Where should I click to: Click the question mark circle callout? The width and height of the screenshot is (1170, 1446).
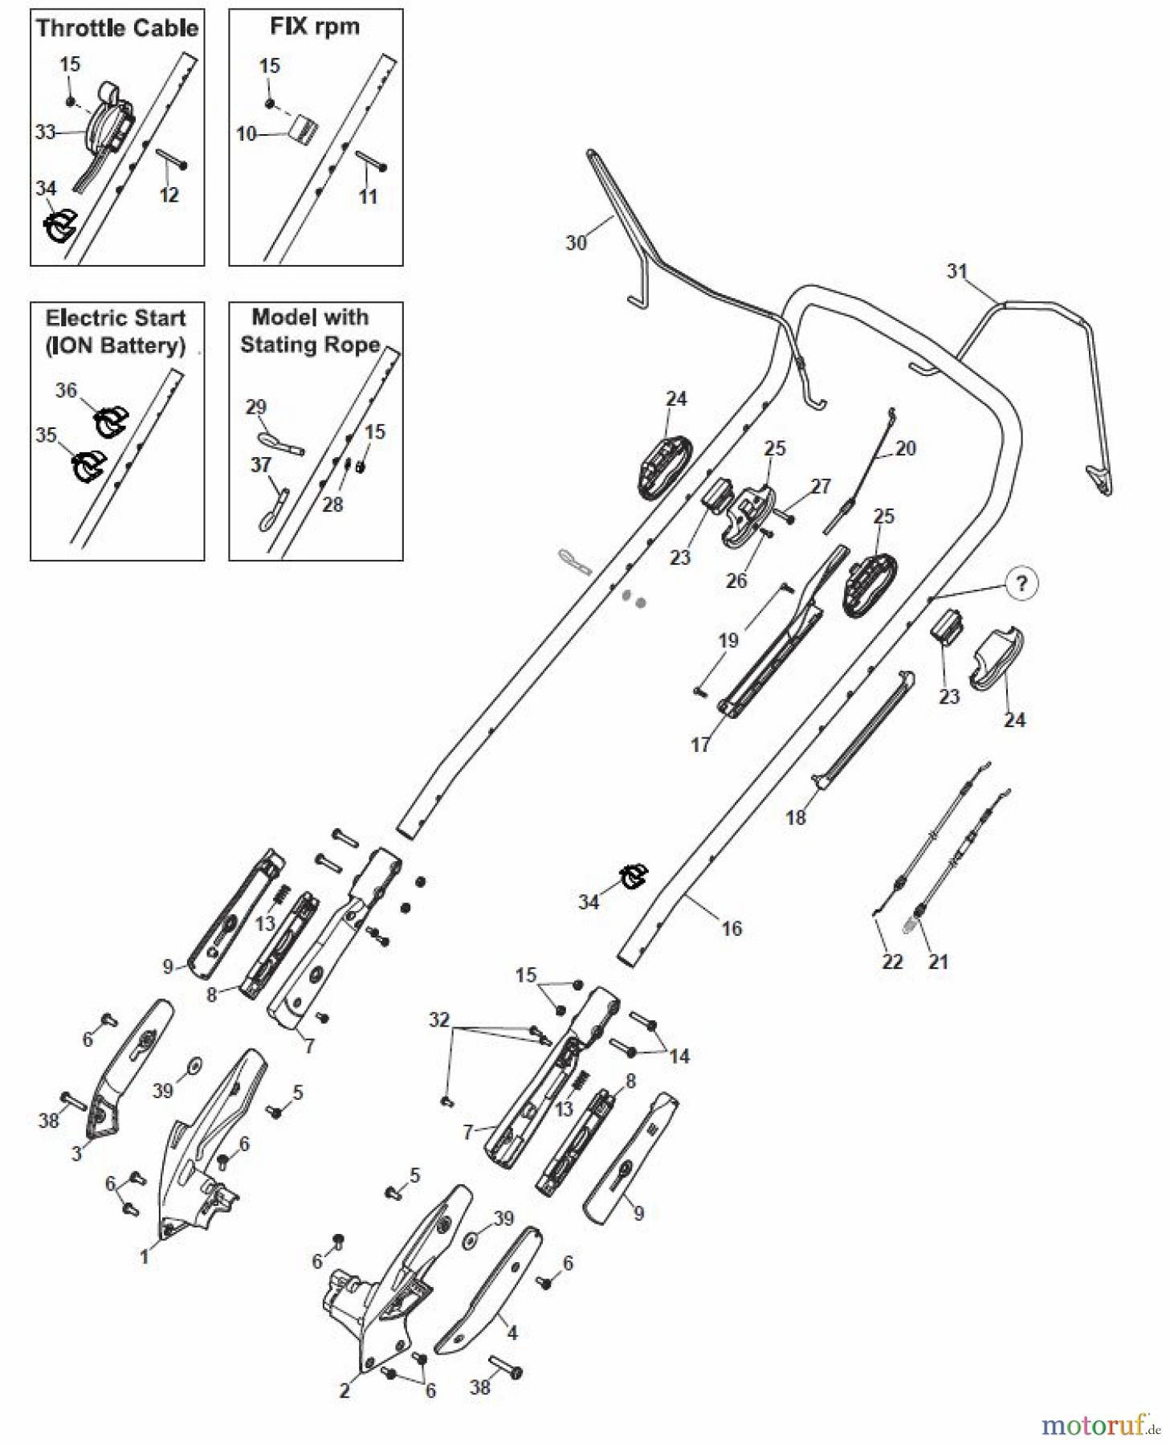pyautogui.click(x=1021, y=583)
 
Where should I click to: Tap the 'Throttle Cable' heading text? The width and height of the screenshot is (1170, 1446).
pyautogui.click(x=117, y=28)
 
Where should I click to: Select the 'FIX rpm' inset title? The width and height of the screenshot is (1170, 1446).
pyautogui.click(x=315, y=27)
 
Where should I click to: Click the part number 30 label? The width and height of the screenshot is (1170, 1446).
pyautogui.click(x=576, y=243)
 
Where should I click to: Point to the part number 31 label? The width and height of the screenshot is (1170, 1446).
pyautogui.click(x=957, y=272)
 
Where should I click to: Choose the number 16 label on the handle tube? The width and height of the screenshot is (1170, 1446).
pyautogui.click(x=732, y=929)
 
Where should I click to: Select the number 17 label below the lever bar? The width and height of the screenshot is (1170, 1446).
pyautogui.click(x=700, y=745)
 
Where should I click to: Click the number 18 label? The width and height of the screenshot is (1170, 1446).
pyautogui.click(x=795, y=818)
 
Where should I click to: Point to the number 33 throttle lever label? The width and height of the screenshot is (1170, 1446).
pyautogui.click(x=45, y=132)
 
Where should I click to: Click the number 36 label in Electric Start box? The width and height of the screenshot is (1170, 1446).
pyautogui.click(x=66, y=390)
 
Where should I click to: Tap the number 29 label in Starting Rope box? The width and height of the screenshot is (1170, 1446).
pyautogui.click(x=256, y=406)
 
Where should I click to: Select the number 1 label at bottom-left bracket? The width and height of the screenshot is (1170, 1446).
pyautogui.click(x=145, y=1256)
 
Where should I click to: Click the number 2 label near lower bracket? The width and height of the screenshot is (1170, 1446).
pyautogui.click(x=344, y=1391)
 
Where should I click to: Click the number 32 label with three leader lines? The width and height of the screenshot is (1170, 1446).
pyautogui.click(x=439, y=1019)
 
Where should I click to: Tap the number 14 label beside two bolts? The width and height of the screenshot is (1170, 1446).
pyautogui.click(x=679, y=1056)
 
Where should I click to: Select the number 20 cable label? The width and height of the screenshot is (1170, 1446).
pyautogui.click(x=905, y=448)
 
